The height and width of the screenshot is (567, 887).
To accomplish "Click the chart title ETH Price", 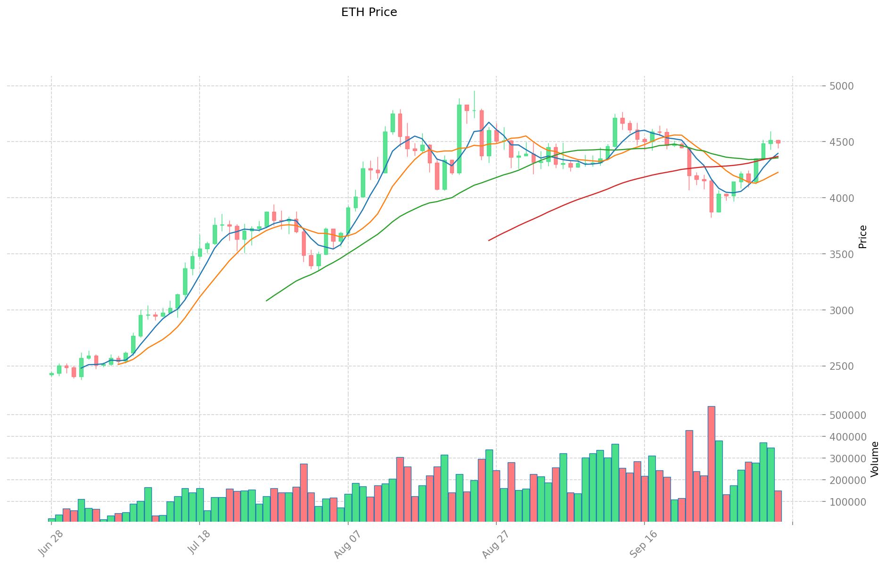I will tap(369, 12).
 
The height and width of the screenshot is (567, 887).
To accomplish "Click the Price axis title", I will tap(862, 236).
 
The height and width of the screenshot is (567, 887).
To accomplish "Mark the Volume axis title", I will tap(875, 459).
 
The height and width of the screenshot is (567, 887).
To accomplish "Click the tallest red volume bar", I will tap(711, 464).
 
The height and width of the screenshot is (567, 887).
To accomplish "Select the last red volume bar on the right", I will tap(778, 506).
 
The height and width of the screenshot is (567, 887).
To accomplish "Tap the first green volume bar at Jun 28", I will tap(51, 520).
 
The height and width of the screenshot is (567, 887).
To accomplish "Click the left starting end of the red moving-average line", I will tap(489, 241).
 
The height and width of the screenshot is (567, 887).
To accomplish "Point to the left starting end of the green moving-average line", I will tap(267, 300).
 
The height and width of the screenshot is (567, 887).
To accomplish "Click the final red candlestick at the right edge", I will tap(778, 142).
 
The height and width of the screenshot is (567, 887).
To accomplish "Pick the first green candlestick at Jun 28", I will tap(51, 374).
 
